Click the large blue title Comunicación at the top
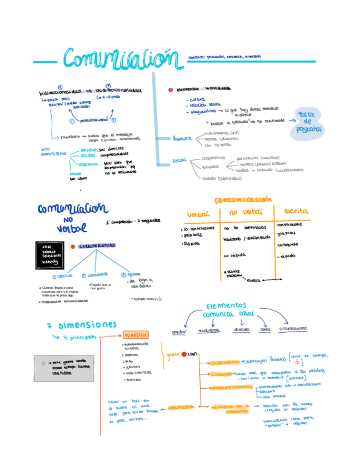[123, 59]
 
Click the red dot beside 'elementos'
[171, 89]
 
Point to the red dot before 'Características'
[73, 245]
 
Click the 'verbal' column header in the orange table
[198, 214]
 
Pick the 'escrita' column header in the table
[296, 212]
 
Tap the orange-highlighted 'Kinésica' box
[135, 335]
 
